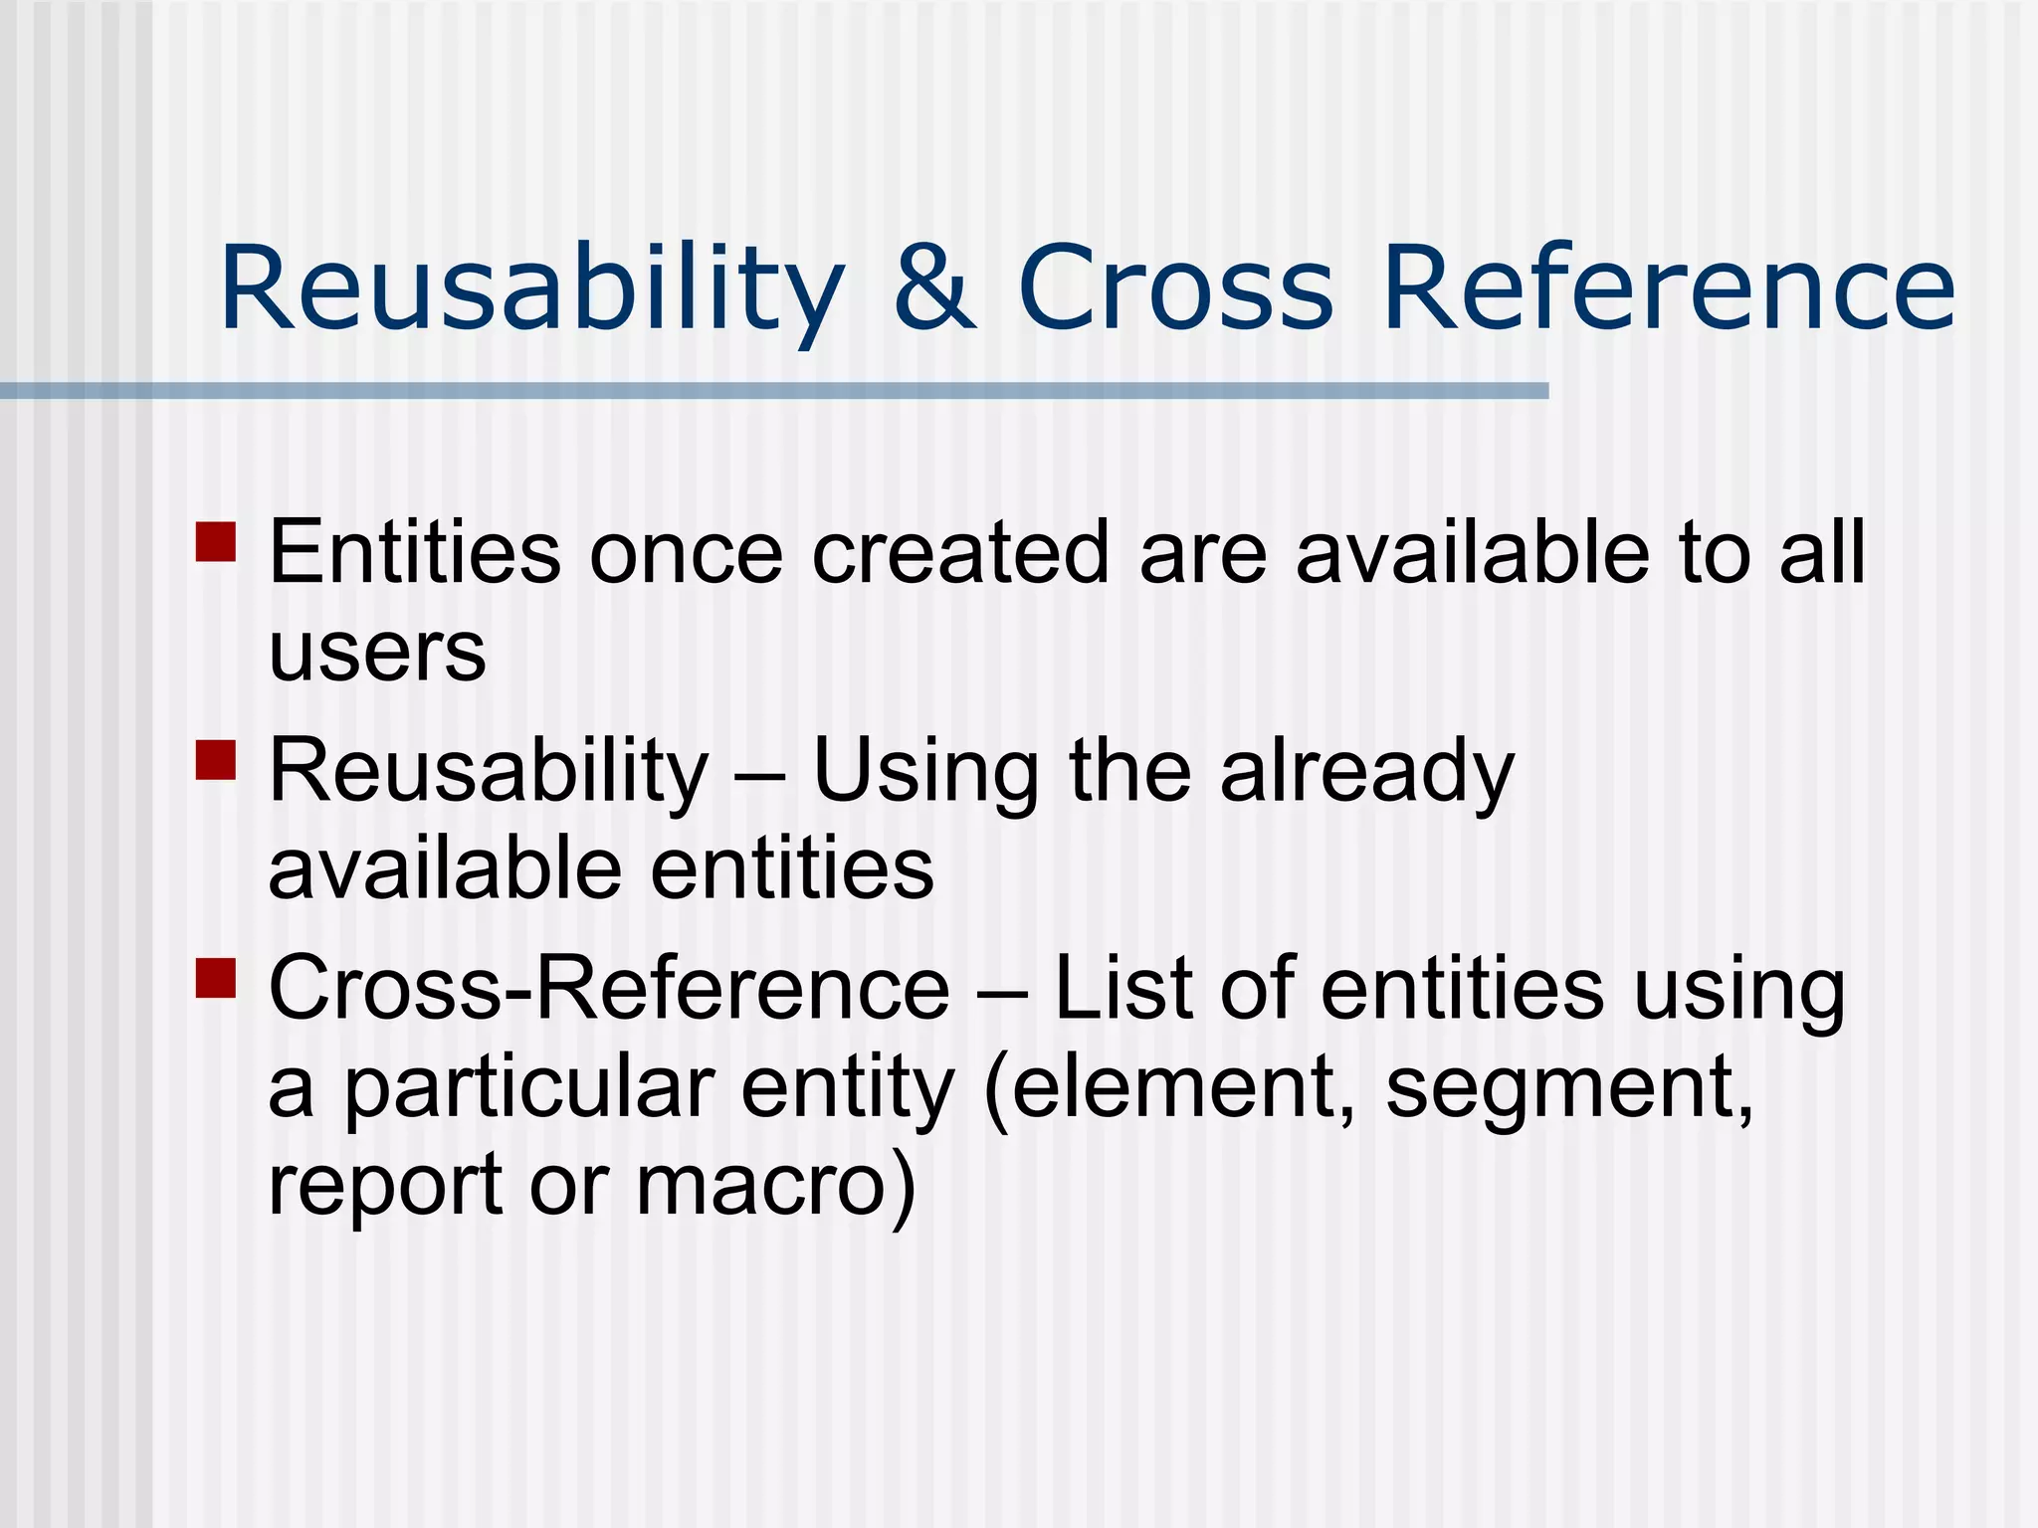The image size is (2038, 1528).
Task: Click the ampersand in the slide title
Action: point(934,288)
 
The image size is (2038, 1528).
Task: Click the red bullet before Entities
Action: point(216,542)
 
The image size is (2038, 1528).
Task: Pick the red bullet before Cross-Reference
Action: point(216,977)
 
